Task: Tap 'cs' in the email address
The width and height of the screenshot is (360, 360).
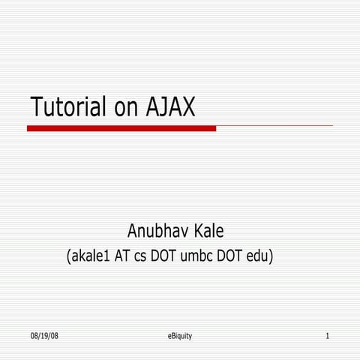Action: click(142, 256)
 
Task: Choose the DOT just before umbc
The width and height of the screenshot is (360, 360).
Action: click(166, 256)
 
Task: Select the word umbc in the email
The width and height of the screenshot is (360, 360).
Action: click(199, 256)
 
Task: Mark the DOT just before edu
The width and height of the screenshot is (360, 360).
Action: click(232, 256)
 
